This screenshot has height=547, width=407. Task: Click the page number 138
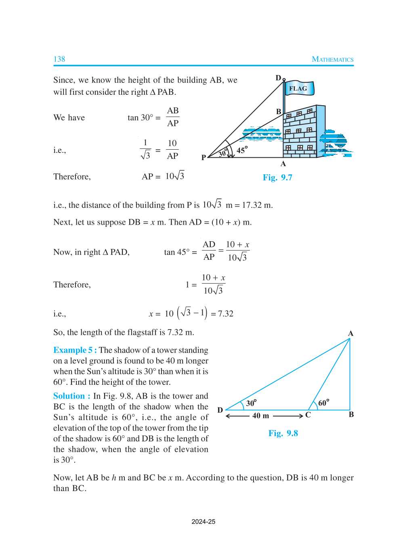59,59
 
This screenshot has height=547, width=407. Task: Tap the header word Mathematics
332,59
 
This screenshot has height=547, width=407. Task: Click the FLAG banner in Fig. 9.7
298,88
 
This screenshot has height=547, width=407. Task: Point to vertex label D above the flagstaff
278,78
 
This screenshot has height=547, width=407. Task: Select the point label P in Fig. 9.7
203,157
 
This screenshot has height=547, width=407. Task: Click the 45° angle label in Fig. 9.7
242,150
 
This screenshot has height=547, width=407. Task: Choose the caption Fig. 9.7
277,177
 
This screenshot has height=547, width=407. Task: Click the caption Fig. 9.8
283,433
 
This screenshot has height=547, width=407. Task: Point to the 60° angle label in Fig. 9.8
323,403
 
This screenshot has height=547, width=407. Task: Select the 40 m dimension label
260,415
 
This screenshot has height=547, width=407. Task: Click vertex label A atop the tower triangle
350,333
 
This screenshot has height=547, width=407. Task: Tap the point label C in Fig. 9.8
308,415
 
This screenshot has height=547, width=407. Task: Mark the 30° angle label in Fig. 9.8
251,403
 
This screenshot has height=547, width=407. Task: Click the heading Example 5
75,350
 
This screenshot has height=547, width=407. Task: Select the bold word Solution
69,396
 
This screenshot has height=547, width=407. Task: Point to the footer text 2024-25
203,522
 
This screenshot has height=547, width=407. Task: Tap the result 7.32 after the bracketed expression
226,314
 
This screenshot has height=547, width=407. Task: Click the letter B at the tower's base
351,414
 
